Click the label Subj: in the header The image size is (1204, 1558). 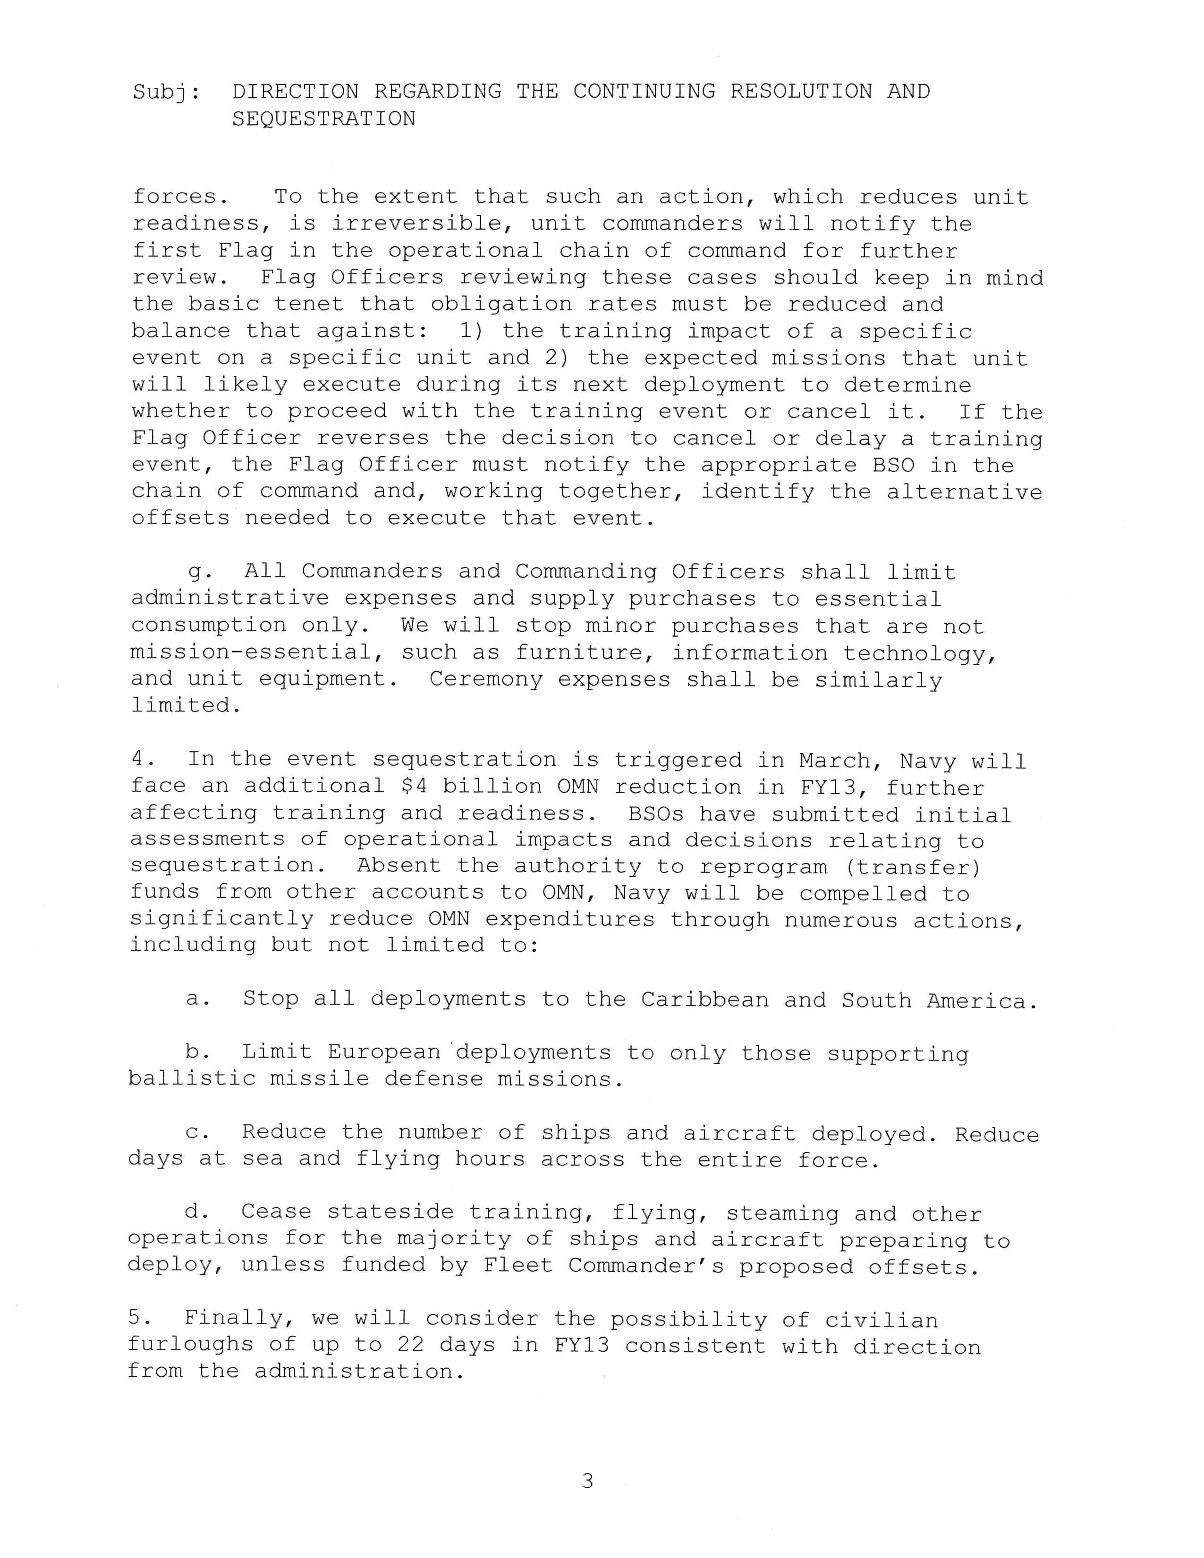pyautogui.click(x=166, y=93)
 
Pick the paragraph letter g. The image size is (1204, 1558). pyautogui.click(x=195, y=573)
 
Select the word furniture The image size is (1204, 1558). pyautogui.click(x=579, y=653)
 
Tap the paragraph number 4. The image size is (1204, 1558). pyautogui.click(x=138, y=760)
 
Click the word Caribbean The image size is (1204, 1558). pyautogui.click(x=705, y=1000)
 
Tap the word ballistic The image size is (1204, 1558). pyautogui.click(x=191, y=1079)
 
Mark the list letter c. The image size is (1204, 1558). pyautogui.click(x=195, y=1133)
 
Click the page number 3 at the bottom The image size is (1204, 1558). pyautogui.click(x=587, y=1481)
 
